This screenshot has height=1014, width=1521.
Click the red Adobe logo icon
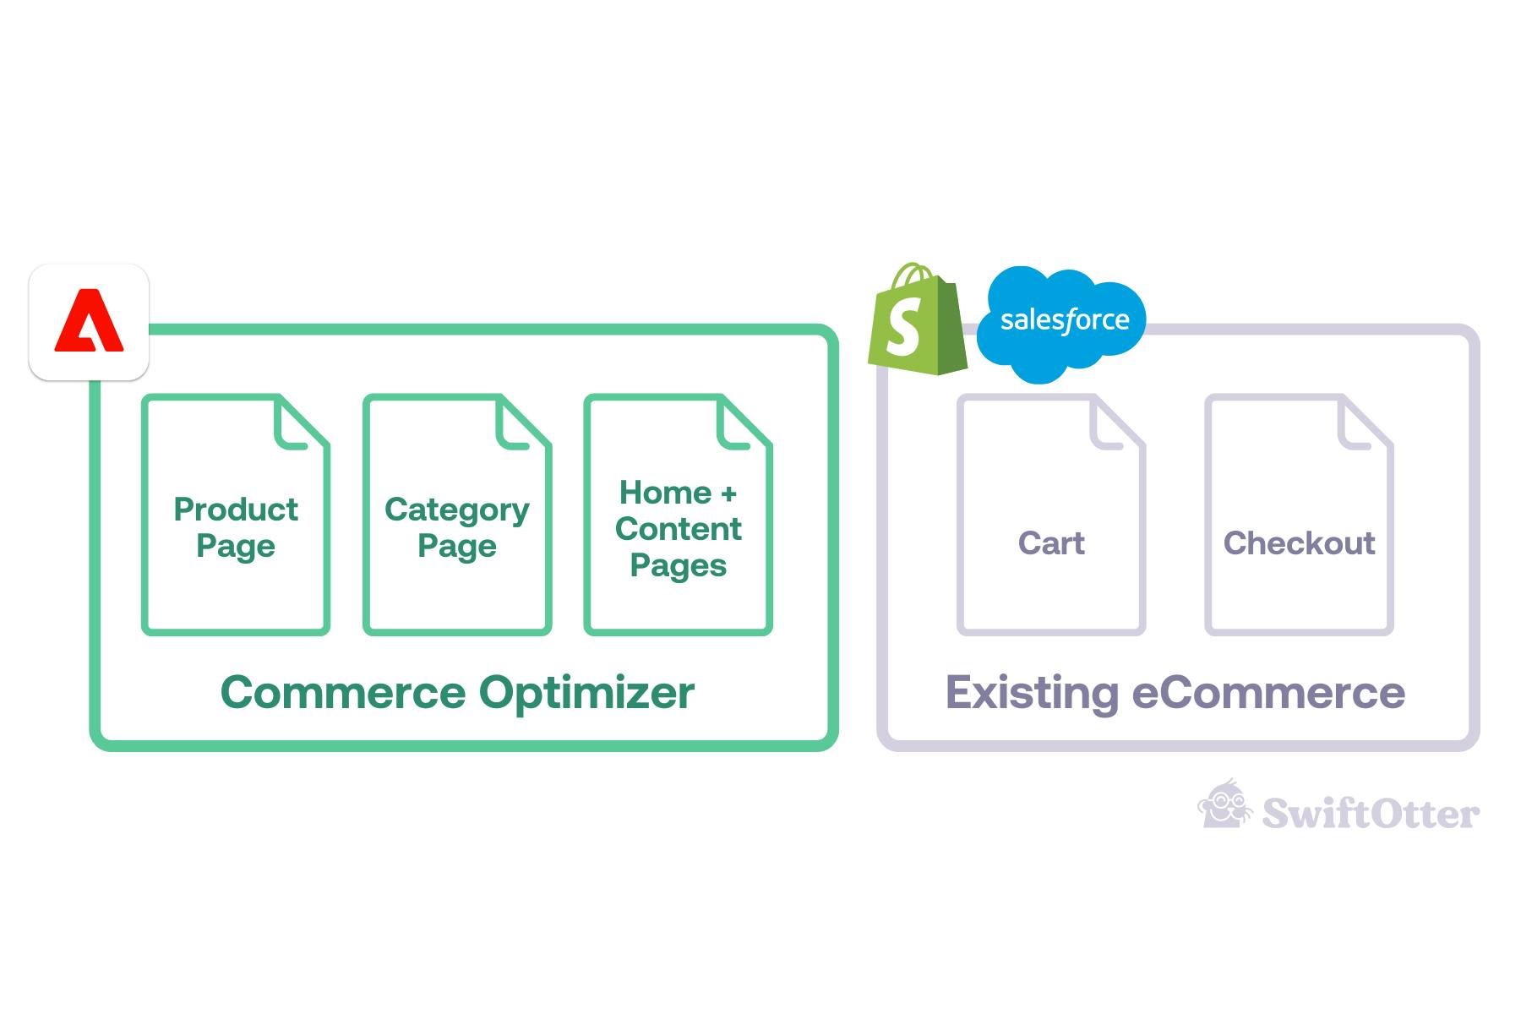pos(89,321)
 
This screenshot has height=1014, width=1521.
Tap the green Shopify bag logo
pos(918,319)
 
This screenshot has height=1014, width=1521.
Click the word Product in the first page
pos(236,510)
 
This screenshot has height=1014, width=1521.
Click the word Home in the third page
pos(666,492)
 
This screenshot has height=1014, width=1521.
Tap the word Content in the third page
pos(679,529)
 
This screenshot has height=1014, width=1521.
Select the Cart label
pos(1051,542)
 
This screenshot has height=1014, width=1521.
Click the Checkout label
pos(1299,542)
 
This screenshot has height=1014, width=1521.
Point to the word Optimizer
pos(587,694)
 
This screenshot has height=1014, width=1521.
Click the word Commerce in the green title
pos(343,693)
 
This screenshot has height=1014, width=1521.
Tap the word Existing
pos(1032,694)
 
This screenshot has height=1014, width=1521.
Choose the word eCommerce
pos(1268,693)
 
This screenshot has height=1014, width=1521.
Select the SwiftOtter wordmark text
pos(1371,813)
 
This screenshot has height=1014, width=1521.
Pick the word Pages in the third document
pos(679,566)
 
